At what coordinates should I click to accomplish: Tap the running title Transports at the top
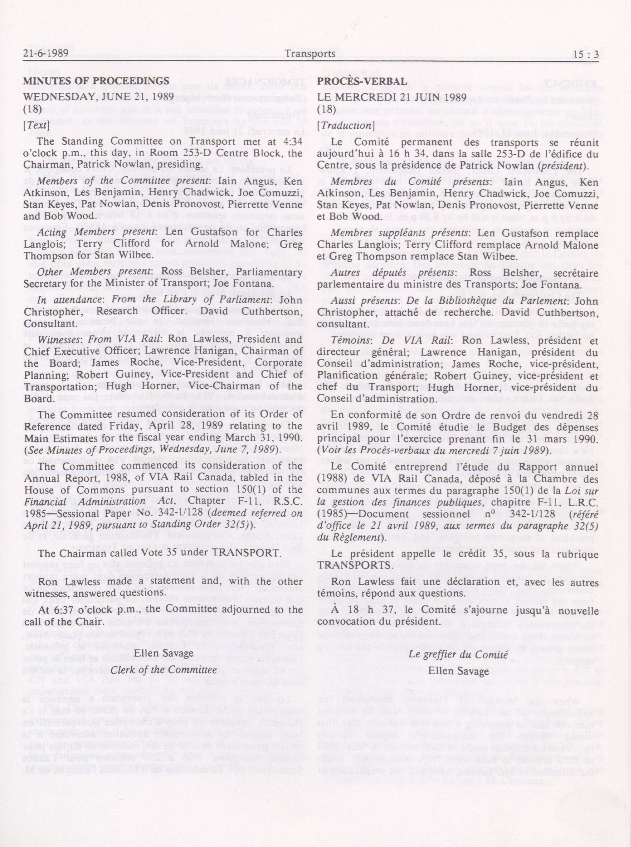click(310, 54)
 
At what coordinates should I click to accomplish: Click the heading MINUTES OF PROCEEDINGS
click(96, 81)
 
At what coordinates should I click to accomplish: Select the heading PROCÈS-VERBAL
click(362, 82)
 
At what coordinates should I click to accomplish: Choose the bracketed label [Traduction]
click(345, 126)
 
